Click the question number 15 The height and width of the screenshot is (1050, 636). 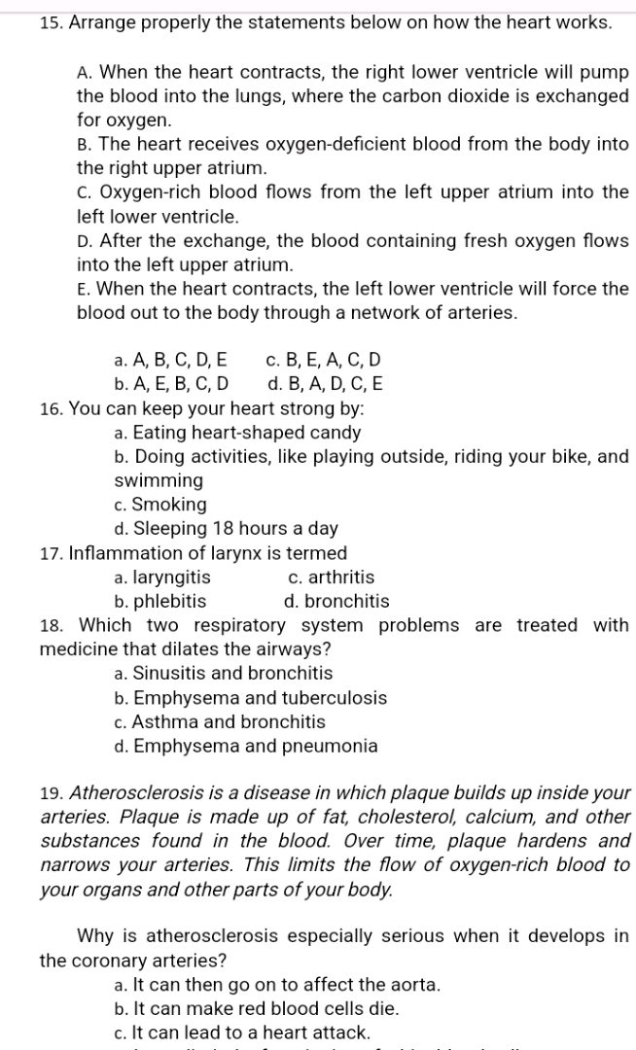pyautogui.click(x=26, y=22)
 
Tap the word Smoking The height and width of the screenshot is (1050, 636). pyautogui.click(x=169, y=505)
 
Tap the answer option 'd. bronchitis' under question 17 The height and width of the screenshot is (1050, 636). pyautogui.click(x=336, y=602)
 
